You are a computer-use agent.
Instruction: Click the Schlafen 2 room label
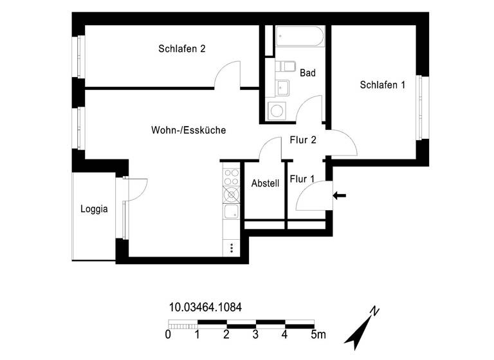tap(181, 49)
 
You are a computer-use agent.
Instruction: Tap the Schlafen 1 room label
tap(382, 85)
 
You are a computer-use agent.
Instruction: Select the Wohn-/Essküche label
tap(188, 130)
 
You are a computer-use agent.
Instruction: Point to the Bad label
tap(307, 73)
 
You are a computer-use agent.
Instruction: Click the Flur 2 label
tap(302, 142)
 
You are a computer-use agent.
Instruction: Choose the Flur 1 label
tap(302, 179)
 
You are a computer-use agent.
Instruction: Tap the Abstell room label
tap(265, 183)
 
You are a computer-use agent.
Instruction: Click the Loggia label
tap(94, 209)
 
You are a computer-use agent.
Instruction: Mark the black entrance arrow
tap(340, 195)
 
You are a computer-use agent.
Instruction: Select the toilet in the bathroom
tap(284, 67)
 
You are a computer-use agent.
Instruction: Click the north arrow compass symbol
tap(363, 327)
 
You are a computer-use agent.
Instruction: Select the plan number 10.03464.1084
tap(205, 308)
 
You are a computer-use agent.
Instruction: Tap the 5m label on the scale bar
tap(318, 334)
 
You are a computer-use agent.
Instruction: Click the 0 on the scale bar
tap(168, 334)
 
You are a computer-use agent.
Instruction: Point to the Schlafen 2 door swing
tap(226, 75)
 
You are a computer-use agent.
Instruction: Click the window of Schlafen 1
tap(421, 107)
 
